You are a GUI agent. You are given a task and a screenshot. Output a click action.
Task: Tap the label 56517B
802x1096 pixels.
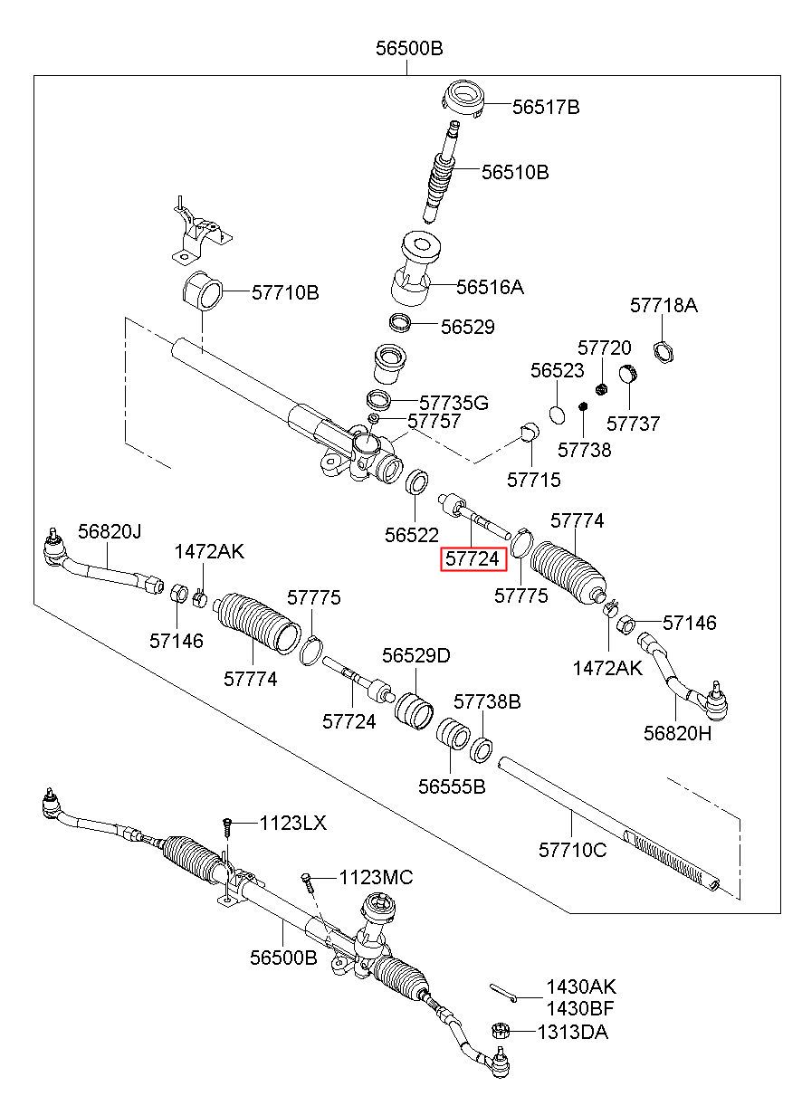[x=546, y=107]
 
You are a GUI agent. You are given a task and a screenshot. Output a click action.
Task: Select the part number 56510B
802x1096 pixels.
[x=515, y=172]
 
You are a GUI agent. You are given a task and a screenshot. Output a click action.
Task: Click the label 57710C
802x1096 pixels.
[x=572, y=850]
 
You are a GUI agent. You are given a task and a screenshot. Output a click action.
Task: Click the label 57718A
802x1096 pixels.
[x=664, y=305]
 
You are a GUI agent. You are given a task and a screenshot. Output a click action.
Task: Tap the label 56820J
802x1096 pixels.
[x=110, y=531]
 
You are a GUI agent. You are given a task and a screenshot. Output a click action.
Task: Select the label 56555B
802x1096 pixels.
[x=452, y=786]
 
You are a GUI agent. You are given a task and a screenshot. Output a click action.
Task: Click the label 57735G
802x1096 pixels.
[x=454, y=403]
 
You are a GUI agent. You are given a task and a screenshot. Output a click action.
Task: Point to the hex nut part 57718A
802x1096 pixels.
[x=664, y=352]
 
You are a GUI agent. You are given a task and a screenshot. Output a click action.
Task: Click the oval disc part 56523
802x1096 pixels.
[x=557, y=415]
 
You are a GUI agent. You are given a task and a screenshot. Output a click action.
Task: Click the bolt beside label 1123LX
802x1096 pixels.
[x=227, y=828]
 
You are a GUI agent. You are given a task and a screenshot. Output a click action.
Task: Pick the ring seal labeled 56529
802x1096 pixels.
[x=399, y=323]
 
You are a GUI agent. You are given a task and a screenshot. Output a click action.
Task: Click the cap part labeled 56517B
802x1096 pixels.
[x=463, y=100]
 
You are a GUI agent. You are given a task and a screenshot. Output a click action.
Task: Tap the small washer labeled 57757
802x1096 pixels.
[x=373, y=418]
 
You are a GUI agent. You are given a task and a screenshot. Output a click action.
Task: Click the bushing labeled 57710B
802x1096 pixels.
[x=203, y=291]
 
